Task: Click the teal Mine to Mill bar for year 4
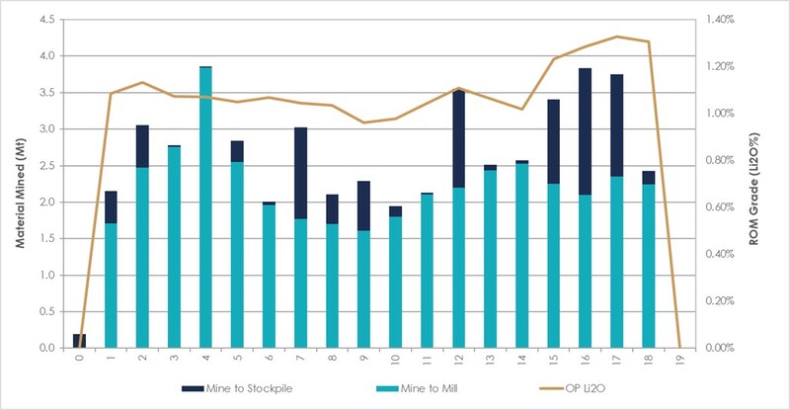205,207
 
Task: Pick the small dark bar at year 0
79,341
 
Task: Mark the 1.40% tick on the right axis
725,20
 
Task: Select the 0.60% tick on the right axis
725,207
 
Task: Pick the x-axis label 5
237,360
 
